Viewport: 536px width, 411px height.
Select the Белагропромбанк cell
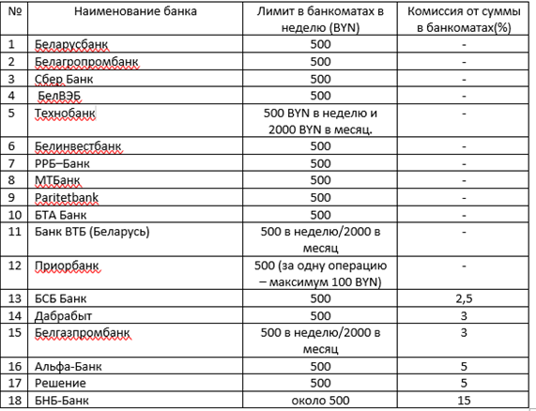pos(85,62)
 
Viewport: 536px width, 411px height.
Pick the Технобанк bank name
pos(66,113)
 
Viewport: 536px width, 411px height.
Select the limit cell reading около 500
pos(319,400)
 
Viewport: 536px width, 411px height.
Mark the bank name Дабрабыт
pos(62,315)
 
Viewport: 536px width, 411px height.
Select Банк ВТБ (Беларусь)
pos(91,231)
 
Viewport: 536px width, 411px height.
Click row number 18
pos(13,400)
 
